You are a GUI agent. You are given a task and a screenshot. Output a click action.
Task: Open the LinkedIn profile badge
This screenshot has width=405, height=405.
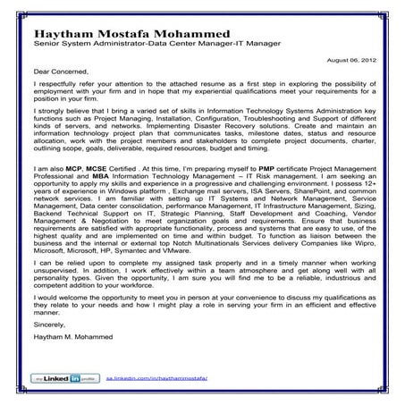coord(57,380)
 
